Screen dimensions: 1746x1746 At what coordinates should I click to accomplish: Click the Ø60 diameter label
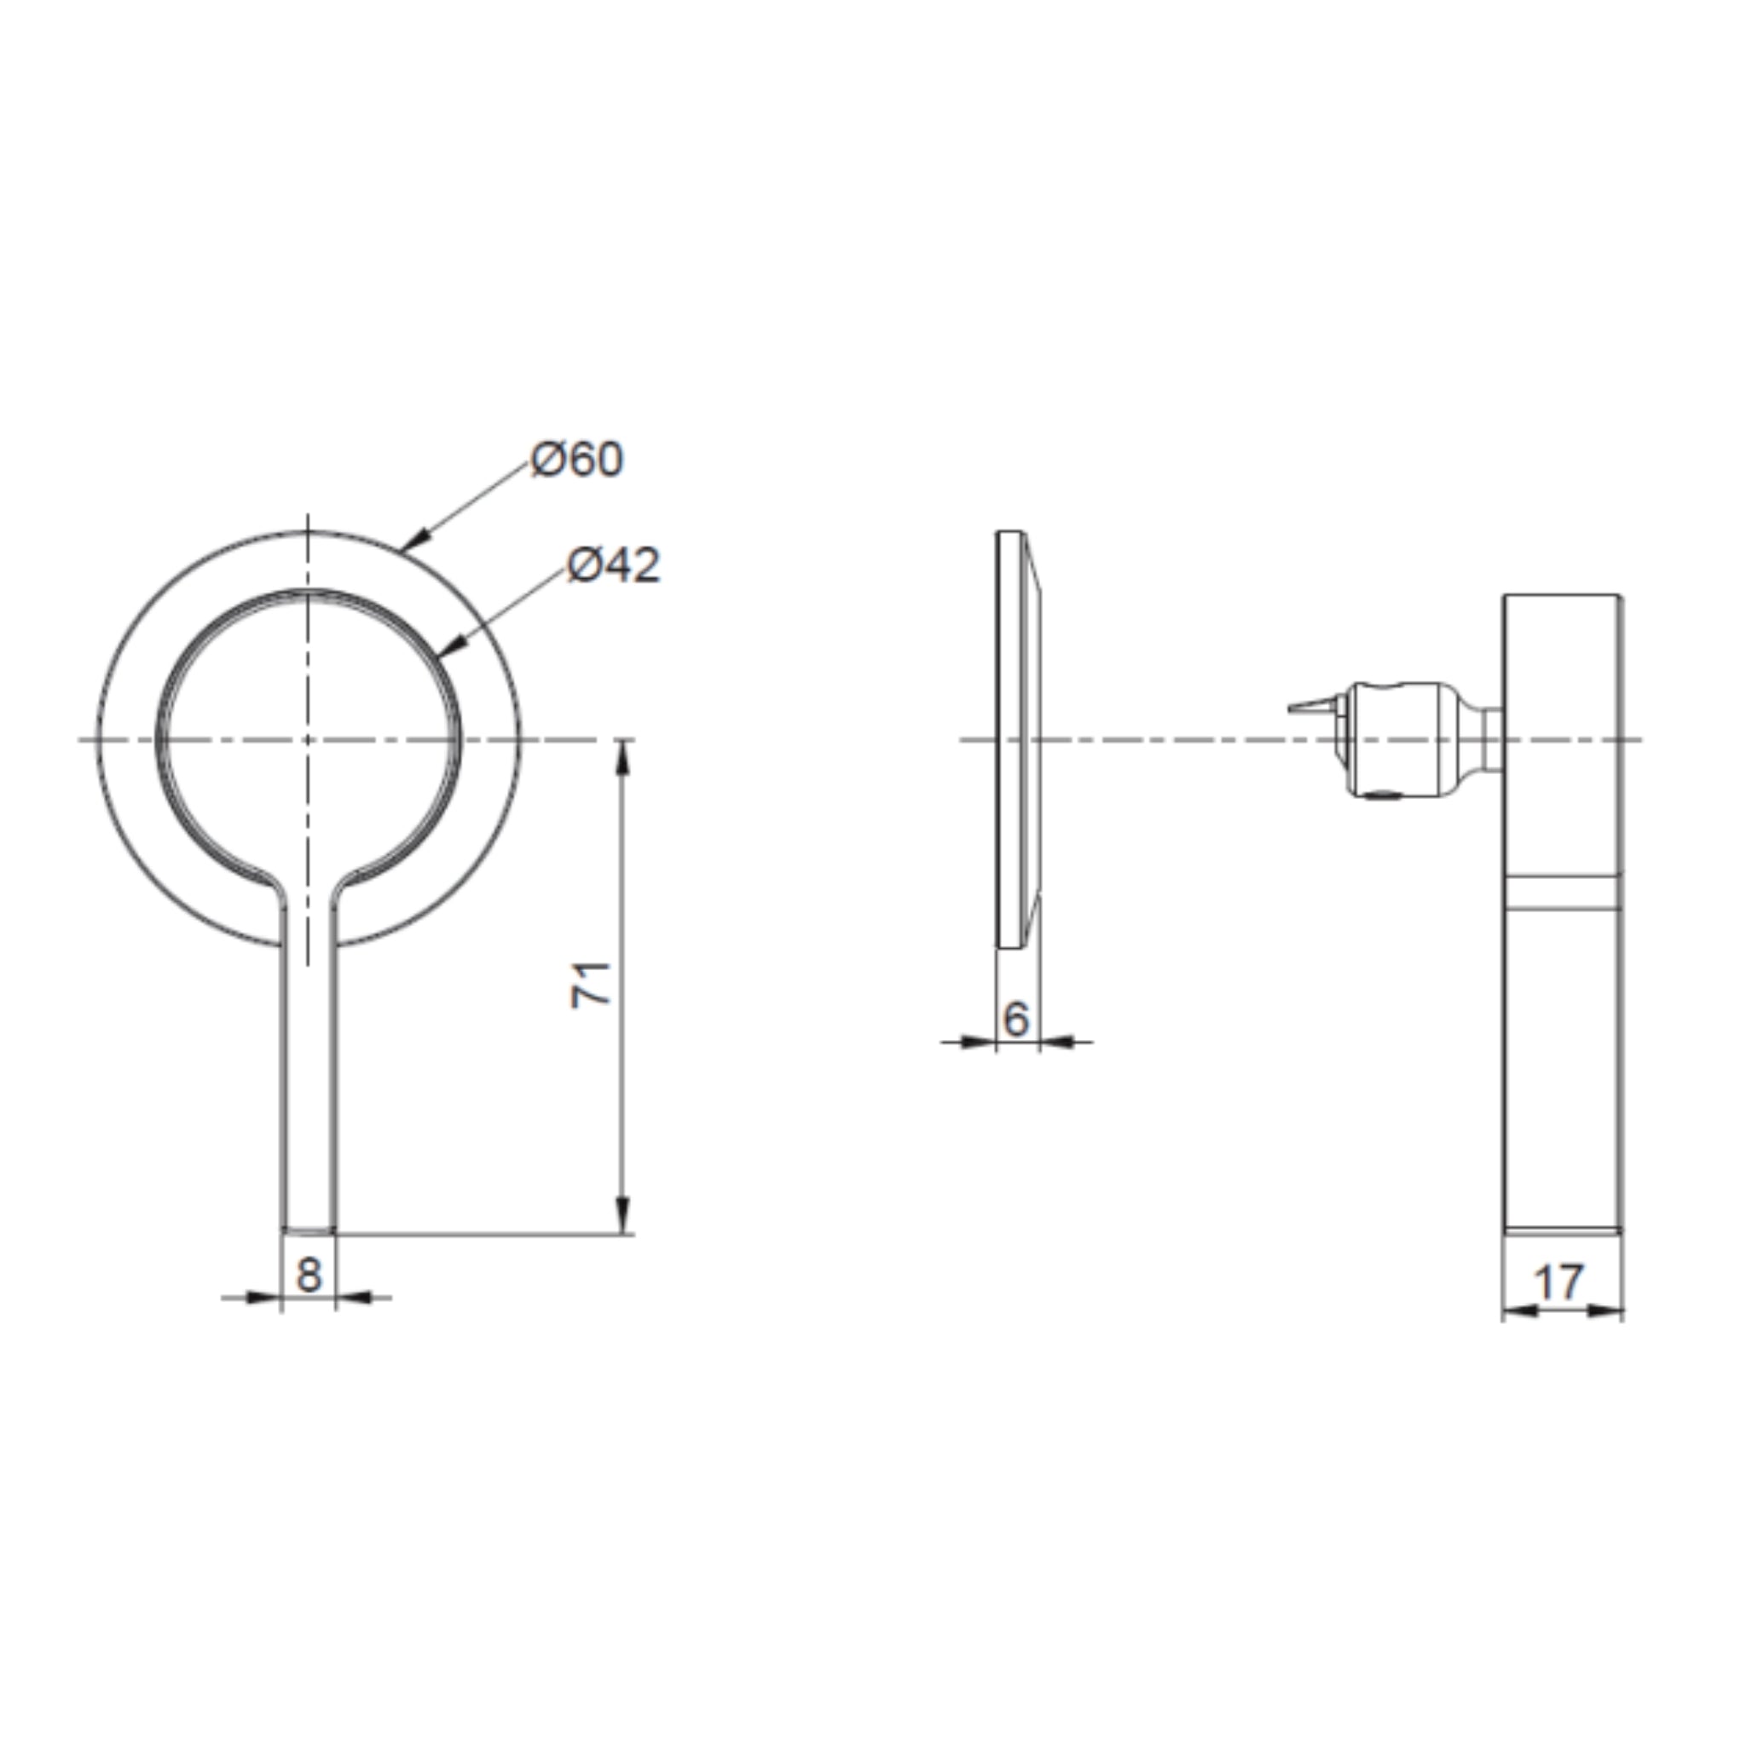coord(576,460)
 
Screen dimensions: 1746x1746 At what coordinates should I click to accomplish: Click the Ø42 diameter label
coord(614,566)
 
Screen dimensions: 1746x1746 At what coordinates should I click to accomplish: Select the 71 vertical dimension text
coord(592,985)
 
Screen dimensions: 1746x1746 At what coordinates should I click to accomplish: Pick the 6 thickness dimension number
coord(1015,1020)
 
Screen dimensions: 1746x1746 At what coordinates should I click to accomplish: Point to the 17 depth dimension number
coord(1560,1282)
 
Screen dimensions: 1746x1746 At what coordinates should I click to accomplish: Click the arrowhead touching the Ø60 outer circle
coord(412,542)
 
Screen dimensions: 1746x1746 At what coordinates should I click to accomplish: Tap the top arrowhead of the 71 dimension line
coord(622,757)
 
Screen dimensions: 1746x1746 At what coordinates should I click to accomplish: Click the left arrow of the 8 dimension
coord(262,1298)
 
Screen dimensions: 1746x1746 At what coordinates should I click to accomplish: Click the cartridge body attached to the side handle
coord(1396,740)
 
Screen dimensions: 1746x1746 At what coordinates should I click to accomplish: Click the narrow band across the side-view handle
coord(1562,892)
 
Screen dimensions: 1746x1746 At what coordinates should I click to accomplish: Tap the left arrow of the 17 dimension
coord(1520,1310)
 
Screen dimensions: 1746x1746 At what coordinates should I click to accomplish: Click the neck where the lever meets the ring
coord(310,894)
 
